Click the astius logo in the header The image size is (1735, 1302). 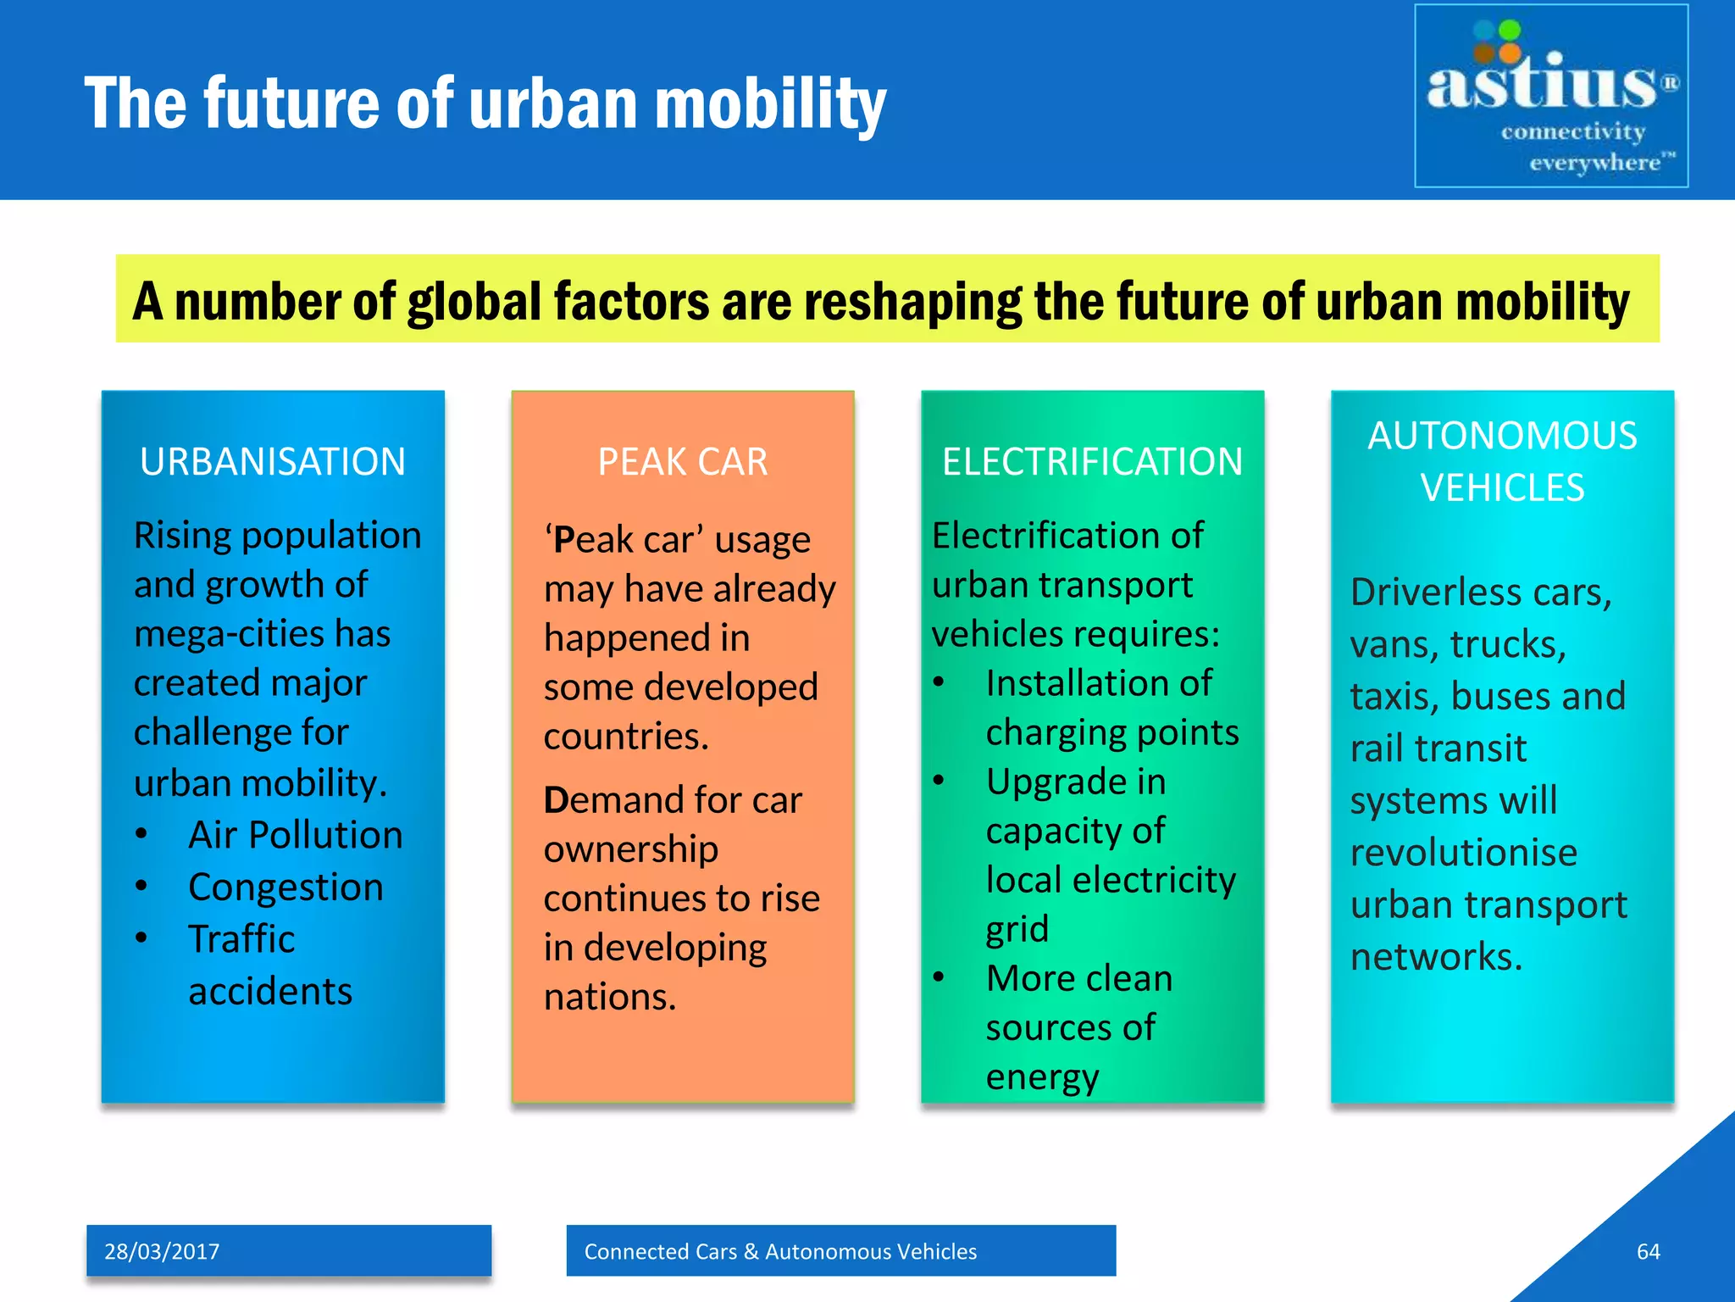click(1550, 96)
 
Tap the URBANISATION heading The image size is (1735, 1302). click(273, 462)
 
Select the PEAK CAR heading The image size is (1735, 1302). click(683, 462)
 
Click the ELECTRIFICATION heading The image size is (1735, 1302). click(1092, 462)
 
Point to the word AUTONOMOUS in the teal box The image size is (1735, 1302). click(1502, 436)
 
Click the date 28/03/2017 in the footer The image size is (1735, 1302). click(162, 1251)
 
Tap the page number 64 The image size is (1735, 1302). click(1648, 1251)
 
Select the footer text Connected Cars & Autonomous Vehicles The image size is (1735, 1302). click(780, 1251)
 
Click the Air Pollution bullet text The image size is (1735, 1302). click(295, 835)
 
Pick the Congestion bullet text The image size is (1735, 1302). click(285, 887)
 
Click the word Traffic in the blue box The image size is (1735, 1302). click(241, 939)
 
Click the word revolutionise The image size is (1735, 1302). click(1463, 853)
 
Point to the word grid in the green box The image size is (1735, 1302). click(1017, 929)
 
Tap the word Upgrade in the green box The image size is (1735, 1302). click(1076, 782)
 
